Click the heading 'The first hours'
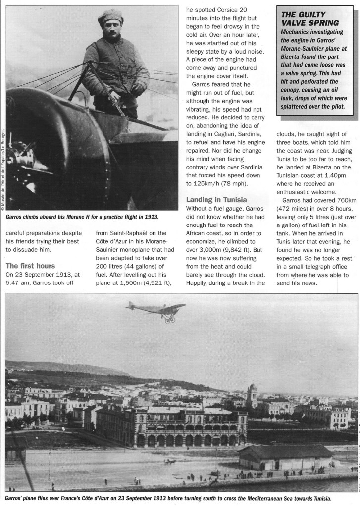(31, 266)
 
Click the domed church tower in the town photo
(252, 393)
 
